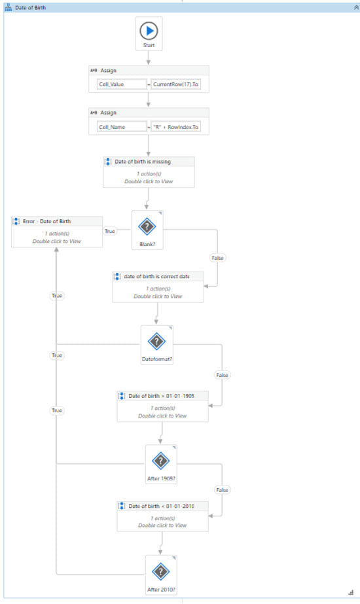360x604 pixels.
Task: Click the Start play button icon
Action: [x=149, y=30]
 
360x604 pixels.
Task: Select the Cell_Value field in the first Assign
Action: [x=118, y=84]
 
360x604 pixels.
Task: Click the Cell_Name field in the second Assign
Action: [x=118, y=127]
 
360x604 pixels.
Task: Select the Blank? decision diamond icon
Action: [x=147, y=225]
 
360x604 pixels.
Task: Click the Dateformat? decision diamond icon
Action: [x=156, y=341]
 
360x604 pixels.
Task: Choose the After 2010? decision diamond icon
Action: [x=161, y=571]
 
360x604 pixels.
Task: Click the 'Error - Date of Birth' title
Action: [x=46, y=221]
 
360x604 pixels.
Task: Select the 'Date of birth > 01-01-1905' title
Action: [x=166, y=396]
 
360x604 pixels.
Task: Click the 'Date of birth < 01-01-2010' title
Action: [x=166, y=506]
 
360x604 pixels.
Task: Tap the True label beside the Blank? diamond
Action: [x=110, y=230]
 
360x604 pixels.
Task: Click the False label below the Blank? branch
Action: [x=217, y=258]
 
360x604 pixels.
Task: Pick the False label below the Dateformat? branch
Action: [x=222, y=375]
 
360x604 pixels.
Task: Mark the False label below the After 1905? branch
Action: [x=222, y=489]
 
